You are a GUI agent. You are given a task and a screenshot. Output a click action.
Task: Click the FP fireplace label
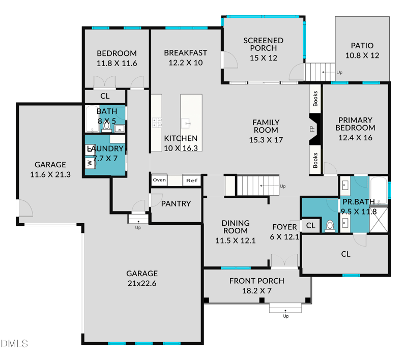[x=312, y=130]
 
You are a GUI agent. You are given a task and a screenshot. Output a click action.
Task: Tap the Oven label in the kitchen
[x=159, y=180]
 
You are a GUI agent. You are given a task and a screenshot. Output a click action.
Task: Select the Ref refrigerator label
[x=191, y=180]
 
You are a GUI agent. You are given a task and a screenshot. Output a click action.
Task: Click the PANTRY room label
[x=176, y=203]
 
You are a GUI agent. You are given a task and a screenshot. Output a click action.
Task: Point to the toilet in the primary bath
[x=329, y=225]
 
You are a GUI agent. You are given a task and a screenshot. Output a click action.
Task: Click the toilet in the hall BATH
[x=107, y=124]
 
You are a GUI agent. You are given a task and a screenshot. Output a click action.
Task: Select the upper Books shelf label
[x=315, y=98]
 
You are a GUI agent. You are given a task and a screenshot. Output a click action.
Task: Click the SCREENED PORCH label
[x=263, y=44]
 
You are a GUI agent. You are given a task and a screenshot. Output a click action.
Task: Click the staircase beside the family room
[x=259, y=185]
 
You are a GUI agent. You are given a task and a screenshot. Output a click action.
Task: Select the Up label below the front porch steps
[x=285, y=316]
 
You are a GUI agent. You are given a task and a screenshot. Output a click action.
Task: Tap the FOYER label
[x=284, y=227]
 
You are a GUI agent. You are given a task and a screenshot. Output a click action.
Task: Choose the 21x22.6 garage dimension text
[x=142, y=283]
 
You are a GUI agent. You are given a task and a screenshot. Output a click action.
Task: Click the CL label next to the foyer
[x=311, y=225]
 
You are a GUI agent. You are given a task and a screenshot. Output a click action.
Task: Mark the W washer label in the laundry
[x=89, y=163]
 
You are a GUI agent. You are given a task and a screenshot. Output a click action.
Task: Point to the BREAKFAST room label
[x=185, y=53]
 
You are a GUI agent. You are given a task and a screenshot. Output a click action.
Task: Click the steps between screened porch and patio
[x=319, y=70]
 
